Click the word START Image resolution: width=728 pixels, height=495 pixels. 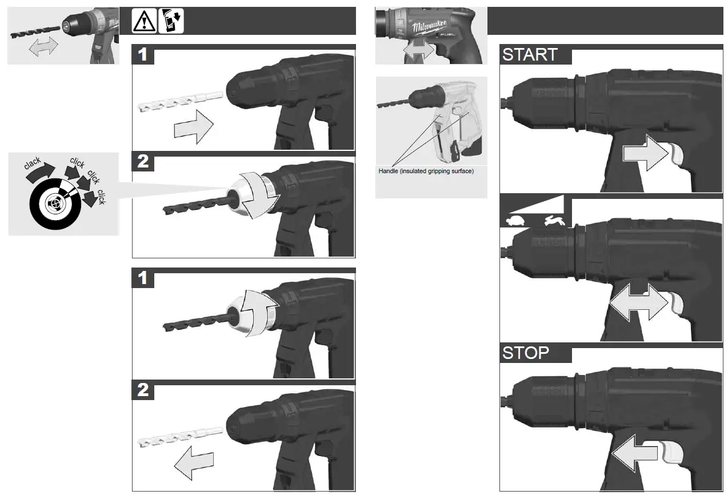click(530, 55)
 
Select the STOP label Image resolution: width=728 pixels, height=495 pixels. click(526, 353)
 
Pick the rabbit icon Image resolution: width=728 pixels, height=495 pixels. click(554, 220)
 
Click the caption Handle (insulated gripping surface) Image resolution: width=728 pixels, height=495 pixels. click(426, 171)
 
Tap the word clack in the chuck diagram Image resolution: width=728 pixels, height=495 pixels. click(33, 165)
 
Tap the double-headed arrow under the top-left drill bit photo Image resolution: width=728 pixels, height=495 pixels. click(43, 48)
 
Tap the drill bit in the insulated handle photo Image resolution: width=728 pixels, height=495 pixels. click(394, 103)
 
